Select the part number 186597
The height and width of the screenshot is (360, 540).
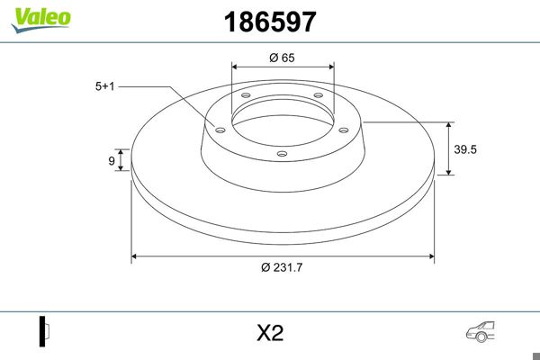269,22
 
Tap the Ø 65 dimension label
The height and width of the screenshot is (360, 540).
283,57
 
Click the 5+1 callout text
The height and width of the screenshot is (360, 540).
105,86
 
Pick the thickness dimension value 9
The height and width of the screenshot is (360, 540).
112,161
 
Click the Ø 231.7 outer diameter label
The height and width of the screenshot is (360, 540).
282,267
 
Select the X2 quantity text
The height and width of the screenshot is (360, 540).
270,334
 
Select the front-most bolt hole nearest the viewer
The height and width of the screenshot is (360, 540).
282,154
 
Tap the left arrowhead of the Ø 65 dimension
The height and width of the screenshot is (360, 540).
236,66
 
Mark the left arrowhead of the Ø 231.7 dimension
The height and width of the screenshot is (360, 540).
136,256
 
